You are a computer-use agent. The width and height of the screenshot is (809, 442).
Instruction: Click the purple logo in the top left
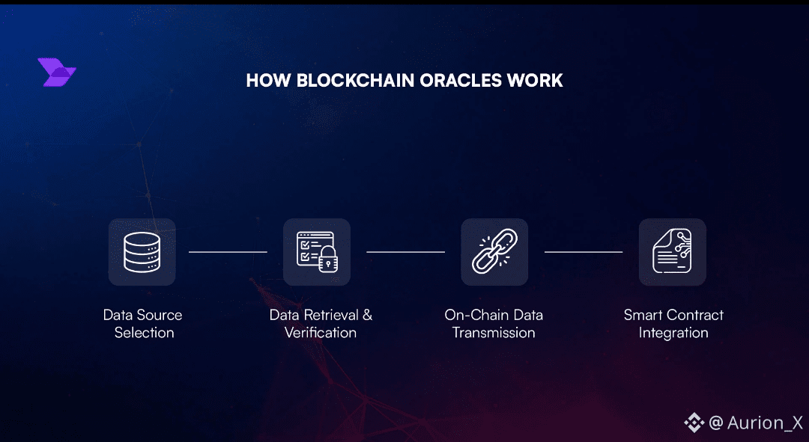coord(56,73)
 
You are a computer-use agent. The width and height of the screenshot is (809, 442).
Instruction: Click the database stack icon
coord(142,252)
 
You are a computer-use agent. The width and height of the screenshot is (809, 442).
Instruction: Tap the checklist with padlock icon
coord(317,252)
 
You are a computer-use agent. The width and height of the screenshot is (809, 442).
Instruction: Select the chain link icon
coord(494,252)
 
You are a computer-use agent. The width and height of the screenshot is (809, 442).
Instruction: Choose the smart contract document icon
coord(673,252)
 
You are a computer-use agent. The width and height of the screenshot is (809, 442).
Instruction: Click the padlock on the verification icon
coord(327,262)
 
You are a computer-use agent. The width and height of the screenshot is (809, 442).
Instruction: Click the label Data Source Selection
coord(143,324)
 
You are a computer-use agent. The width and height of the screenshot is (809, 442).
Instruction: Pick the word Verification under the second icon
coord(321,333)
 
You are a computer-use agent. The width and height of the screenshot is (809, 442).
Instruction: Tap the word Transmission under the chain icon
coord(494,333)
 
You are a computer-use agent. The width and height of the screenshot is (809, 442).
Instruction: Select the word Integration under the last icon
coord(673,333)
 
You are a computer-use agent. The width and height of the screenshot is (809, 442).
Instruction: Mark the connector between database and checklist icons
coord(228,252)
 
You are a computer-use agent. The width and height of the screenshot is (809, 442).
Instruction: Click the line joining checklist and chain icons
coord(405,252)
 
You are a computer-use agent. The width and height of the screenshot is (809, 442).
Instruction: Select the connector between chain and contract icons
coord(584,252)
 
